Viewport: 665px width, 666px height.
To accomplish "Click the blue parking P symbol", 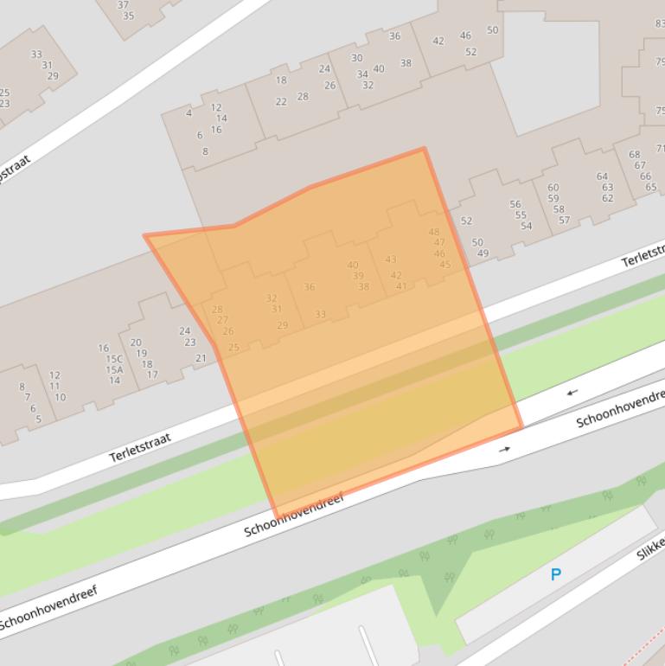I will pos(556,573).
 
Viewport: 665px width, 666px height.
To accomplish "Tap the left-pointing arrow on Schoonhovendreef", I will pos(572,393).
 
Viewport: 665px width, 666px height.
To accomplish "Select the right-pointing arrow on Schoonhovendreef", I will pos(504,449).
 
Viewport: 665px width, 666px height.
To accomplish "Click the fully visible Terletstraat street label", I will pos(140,447).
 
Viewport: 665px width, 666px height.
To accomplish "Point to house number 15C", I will pos(114,359).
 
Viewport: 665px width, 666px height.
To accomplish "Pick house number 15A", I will pos(114,369).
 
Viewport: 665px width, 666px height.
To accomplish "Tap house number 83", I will pos(660,23).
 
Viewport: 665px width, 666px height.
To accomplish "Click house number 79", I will pos(660,61).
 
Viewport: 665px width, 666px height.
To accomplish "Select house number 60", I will pos(553,188).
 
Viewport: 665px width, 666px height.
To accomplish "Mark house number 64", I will pos(602,176).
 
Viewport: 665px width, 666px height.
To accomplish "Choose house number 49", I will pos(483,253).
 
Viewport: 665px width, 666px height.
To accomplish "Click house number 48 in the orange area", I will pos(434,232).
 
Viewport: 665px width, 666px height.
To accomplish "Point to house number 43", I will pos(391,259).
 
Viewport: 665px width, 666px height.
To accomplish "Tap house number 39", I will pos(358,276).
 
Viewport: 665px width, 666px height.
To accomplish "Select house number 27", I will pos(222,320).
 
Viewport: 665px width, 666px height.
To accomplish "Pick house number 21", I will pos(201,358).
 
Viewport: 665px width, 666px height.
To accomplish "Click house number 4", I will pos(189,113).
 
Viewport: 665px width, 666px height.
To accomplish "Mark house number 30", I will pos(356,58).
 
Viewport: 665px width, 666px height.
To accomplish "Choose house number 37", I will pos(123,4).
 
